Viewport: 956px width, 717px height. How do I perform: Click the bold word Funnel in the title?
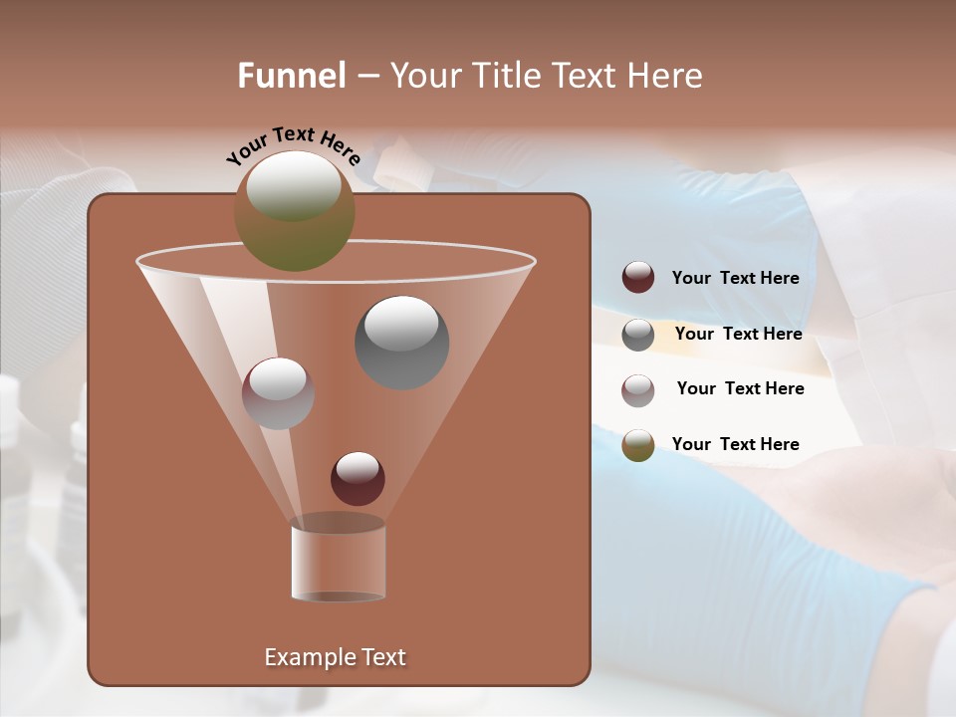pos(291,76)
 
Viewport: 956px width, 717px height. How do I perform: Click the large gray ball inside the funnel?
pos(401,343)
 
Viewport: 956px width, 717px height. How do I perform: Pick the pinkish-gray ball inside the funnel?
pos(278,393)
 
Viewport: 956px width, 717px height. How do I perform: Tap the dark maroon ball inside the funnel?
pos(358,479)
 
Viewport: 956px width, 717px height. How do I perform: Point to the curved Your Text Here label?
pos(293,144)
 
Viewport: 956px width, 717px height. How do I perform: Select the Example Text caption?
pos(335,657)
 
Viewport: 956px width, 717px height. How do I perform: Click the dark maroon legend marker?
pos(638,278)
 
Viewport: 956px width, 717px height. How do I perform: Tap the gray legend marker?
pos(638,335)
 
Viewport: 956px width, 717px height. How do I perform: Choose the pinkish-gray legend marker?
pos(638,390)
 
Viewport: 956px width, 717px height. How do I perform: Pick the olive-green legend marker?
pos(638,445)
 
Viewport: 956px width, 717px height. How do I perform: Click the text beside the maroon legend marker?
pos(735,278)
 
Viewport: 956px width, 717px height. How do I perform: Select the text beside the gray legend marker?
pos(738,334)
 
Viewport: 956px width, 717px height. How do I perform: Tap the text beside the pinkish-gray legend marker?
pos(740,388)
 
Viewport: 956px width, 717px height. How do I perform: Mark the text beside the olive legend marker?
pos(735,444)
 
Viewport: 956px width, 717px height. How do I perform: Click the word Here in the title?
pos(666,76)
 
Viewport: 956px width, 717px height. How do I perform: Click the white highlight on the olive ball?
pos(293,187)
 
